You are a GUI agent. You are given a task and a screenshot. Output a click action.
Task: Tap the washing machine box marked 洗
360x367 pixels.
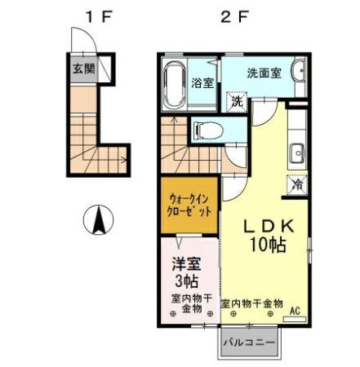236,103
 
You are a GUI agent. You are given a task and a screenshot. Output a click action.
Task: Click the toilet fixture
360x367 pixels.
202,129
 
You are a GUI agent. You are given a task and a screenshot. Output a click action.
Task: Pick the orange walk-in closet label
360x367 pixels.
189,204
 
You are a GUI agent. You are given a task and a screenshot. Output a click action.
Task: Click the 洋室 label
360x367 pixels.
185,264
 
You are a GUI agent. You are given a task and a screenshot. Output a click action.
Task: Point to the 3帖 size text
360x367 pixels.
185,281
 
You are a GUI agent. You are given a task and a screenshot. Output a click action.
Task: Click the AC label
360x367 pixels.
295,309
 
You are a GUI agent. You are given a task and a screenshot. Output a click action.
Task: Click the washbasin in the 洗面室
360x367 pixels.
300,71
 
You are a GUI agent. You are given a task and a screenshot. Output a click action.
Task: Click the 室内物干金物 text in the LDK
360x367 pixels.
251,303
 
